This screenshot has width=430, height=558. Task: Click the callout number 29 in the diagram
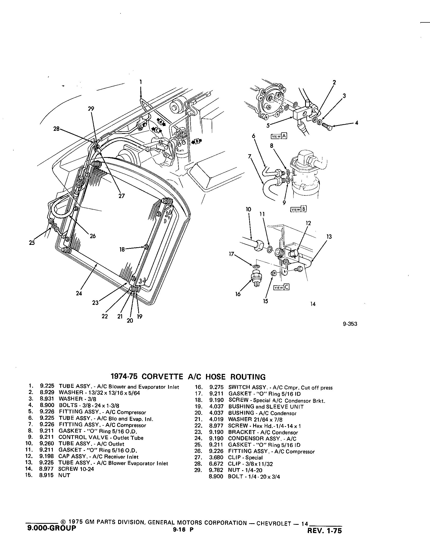(x=91, y=109)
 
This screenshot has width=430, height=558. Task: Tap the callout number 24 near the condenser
(x=79, y=293)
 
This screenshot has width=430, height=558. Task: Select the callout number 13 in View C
(x=329, y=236)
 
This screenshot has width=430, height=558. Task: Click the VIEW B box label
(x=298, y=209)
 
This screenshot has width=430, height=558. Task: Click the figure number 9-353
(x=350, y=324)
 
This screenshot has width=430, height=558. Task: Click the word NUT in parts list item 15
(x=64, y=475)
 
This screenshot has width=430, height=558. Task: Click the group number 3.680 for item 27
(x=217, y=458)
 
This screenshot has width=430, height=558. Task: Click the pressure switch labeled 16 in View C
(x=256, y=278)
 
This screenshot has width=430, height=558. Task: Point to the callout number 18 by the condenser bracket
(x=122, y=249)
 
